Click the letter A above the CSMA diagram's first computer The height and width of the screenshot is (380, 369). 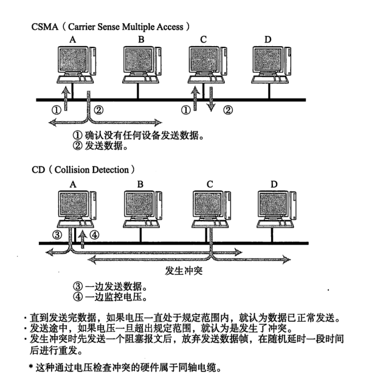click(73, 40)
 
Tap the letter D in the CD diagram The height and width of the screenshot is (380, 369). click(274, 184)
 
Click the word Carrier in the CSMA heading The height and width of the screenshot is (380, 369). click(82, 27)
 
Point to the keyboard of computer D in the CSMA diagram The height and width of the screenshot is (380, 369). click(270, 80)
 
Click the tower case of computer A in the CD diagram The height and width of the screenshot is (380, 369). click(93, 206)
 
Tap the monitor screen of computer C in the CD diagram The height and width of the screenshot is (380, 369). click(208, 204)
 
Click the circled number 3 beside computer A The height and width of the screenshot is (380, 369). click(57, 235)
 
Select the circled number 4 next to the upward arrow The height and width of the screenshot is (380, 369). click(94, 235)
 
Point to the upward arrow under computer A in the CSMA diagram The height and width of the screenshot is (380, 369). click(66, 98)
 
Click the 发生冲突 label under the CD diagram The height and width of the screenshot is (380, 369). click(184, 271)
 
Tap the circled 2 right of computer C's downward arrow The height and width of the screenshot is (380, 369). click(228, 110)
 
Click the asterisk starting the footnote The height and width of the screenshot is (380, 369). click(31, 367)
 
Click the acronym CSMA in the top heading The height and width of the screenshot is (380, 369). click(45, 27)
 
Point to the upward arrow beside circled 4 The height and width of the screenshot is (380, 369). click(83, 239)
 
